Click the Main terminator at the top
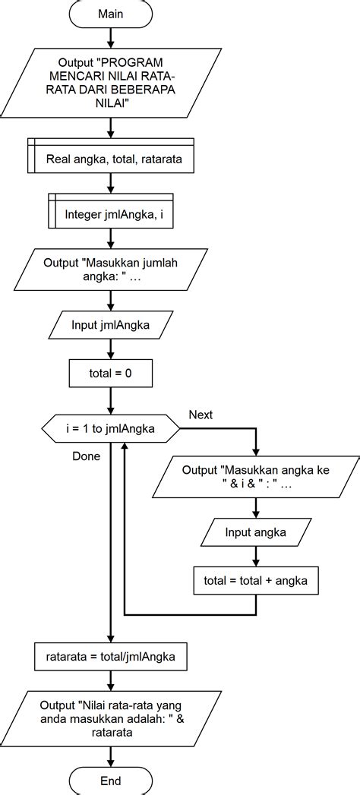tap(111, 14)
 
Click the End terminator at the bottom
tap(111, 780)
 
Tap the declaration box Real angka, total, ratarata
tap(111, 159)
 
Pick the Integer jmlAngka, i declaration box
tap(111, 215)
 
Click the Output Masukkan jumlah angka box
tap(111, 270)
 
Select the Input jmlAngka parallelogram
tap(111, 326)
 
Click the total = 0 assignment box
tap(111, 374)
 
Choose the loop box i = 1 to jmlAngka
tap(111, 429)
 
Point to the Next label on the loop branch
tap(201, 415)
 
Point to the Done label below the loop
tap(86, 456)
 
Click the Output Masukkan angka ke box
tap(255, 478)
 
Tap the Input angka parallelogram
tap(255, 532)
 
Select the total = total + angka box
tap(255, 581)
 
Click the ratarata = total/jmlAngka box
tap(111, 657)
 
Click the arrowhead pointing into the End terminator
tap(111, 761)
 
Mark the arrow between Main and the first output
tap(111, 36)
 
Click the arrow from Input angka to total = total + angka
tap(255, 557)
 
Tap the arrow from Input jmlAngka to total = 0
tap(111, 349)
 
